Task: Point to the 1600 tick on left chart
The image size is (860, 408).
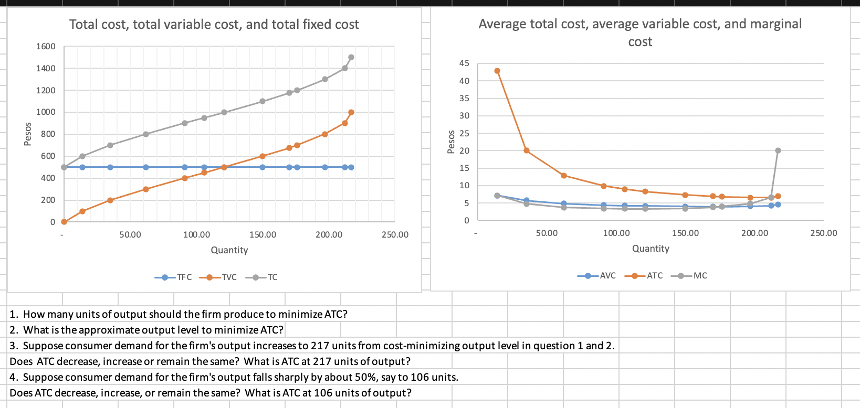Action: coord(46,47)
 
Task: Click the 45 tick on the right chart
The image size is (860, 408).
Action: coord(464,63)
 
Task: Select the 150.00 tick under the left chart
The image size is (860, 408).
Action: coord(263,234)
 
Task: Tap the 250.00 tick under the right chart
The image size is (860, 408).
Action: coord(823,233)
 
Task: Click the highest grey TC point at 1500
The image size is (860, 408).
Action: coord(351,57)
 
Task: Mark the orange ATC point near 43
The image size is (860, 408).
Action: coord(497,71)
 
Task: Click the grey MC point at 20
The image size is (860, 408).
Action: coord(778,151)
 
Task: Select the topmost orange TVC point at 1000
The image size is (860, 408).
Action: coord(351,112)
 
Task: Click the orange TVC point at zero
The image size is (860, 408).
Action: coord(64,222)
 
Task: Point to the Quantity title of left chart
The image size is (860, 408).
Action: coord(229,250)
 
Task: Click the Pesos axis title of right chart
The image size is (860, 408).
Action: coord(450,142)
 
